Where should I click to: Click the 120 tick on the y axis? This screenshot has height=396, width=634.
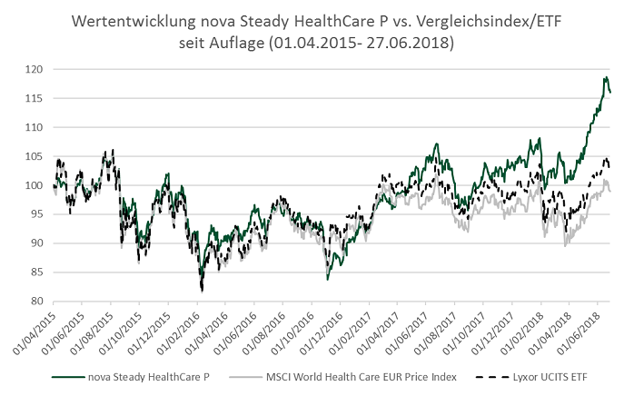[x=33, y=69]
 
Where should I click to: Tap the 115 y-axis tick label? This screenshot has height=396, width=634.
[x=33, y=98]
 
